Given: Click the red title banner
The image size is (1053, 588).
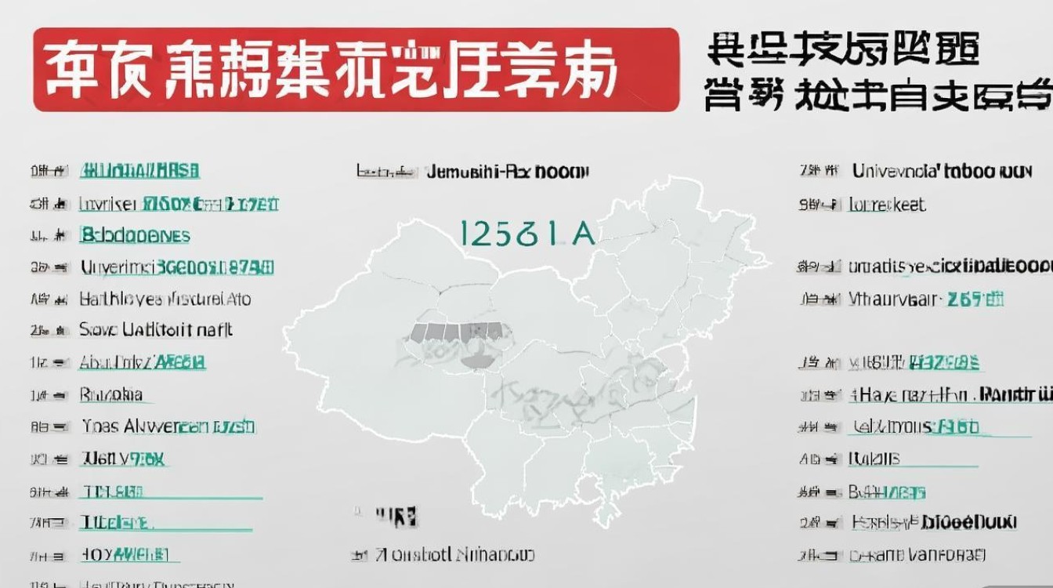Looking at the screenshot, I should [356, 70].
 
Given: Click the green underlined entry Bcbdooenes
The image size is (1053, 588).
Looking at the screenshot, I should [135, 235].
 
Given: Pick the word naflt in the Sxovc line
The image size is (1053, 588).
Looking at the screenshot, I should [214, 330].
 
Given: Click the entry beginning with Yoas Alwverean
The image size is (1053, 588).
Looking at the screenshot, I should [168, 426].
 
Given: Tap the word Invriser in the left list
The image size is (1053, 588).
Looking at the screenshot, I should [108, 205].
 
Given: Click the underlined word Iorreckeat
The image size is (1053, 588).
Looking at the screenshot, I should [887, 205].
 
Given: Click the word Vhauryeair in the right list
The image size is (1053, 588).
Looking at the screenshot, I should [893, 299].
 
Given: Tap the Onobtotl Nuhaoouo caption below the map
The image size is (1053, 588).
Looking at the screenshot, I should [454, 555].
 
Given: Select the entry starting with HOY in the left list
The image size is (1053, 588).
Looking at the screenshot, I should [125, 555].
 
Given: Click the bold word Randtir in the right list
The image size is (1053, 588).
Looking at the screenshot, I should [1015, 394].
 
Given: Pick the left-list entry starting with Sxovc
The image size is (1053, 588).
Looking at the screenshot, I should [156, 330].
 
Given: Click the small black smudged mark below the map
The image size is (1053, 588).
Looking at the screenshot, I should [395, 515].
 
